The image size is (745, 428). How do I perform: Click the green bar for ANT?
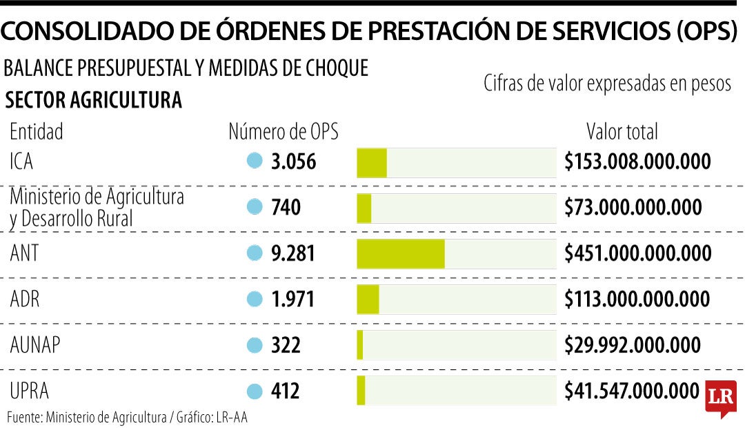401,254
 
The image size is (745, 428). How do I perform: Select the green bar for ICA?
372,163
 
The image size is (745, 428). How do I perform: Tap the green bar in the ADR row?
368,300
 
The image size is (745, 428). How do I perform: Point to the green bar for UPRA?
361,391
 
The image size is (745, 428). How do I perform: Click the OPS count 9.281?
293,253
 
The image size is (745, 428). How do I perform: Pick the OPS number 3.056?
294,162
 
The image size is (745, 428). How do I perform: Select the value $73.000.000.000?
633,207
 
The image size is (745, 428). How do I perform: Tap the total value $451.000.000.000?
638,253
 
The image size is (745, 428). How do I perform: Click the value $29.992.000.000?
633,344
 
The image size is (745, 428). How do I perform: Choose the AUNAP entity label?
35,344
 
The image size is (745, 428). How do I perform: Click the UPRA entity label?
30,391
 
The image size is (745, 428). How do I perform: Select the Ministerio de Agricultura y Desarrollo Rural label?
97,208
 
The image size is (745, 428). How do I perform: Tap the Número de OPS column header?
284,132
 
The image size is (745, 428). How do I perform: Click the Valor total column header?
622,132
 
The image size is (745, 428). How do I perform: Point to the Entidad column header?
37,132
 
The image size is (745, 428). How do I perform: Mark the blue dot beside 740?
255,207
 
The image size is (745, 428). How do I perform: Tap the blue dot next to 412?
255,391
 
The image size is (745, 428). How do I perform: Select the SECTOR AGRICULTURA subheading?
94,100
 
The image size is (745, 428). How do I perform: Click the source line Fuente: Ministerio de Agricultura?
87,418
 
